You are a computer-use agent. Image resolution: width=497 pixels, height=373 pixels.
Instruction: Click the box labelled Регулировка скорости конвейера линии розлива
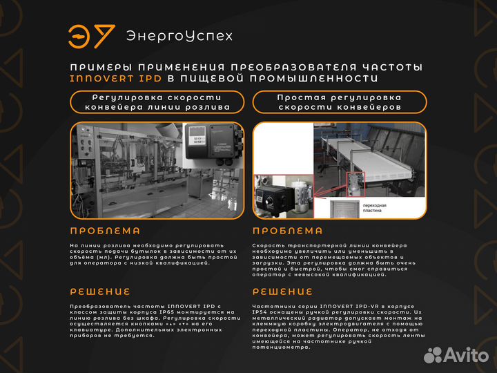point(157,102)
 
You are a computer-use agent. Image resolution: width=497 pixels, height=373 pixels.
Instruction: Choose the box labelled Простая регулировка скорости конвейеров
point(339,102)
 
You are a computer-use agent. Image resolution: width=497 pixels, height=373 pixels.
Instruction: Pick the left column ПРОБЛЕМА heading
point(106,231)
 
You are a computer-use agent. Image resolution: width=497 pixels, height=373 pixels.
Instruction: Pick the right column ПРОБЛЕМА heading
point(288,231)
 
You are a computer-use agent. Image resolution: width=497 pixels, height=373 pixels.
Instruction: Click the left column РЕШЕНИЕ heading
point(100,291)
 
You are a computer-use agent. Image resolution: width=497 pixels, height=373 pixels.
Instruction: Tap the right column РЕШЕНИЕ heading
point(283,291)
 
